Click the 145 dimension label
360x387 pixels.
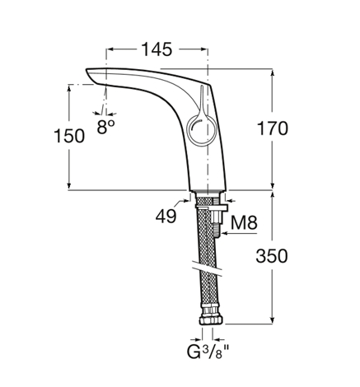tap(157, 49)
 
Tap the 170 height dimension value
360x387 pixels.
tap(273, 128)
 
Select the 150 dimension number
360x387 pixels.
tap(69, 136)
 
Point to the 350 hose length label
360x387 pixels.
tap(272, 256)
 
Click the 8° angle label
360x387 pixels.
tap(105, 127)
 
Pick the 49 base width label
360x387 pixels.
tap(166, 216)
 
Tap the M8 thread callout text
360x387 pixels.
tap(244, 222)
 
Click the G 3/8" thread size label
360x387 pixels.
tap(208, 352)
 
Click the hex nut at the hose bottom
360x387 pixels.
tap(211, 319)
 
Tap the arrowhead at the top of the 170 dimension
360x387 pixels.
tap(273, 72)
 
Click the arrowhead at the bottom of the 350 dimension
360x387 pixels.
tap(272, 320)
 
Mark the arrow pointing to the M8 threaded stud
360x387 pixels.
tap(240, 234)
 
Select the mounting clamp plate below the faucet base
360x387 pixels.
tap(212, 207)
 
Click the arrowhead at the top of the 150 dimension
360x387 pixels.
tap(69, 88)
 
